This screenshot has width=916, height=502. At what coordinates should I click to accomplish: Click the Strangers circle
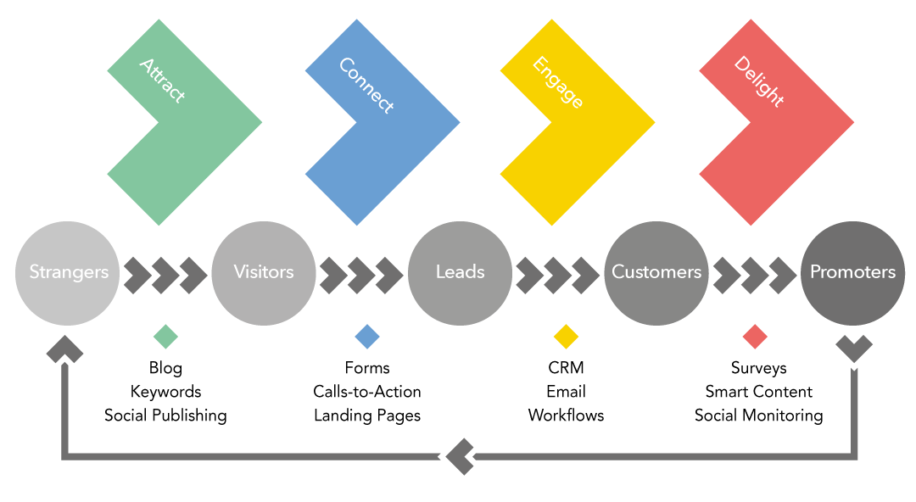tap(67, 273)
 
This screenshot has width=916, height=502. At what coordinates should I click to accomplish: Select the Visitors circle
tap(264, 273)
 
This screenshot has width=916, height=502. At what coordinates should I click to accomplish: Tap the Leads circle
tap(460, 273)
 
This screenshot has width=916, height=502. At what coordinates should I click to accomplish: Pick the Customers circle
tap(656, 273)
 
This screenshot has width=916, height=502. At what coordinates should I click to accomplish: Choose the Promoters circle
tap(852, 273)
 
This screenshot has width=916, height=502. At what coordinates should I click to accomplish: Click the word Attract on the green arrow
tap(162, 81)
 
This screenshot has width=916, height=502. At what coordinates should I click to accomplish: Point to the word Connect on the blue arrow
tap(366, 86)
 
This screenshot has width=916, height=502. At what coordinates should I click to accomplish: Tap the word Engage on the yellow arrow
tap(558, 82)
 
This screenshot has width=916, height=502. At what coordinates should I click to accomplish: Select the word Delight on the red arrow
tap(759, 81)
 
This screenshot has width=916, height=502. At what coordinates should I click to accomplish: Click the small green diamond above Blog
tap(165, 337)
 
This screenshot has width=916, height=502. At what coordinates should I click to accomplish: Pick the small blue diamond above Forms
tap(367, 337)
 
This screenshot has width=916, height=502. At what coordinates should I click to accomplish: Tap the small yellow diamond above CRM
tap(566, 337)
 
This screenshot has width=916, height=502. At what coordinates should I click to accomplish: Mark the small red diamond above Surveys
tap(755, 337)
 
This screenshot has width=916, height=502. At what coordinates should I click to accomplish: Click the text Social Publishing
tap(165, 416)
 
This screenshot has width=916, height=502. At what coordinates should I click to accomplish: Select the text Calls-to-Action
tap(367, 392)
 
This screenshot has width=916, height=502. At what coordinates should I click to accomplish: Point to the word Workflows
tap(566, 416)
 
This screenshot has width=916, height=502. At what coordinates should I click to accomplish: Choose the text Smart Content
tap(759, 392)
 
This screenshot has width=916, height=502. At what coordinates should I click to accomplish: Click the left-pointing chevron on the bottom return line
tap(459, 456)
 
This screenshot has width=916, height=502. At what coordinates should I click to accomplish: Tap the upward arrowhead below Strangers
tap(64, 349)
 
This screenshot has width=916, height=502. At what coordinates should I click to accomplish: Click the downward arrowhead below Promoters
tap(854, 349)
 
